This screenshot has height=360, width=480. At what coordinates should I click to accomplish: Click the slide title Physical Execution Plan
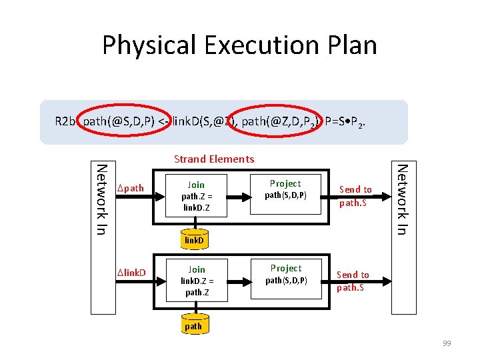pyautogui.click(x=239, y=45)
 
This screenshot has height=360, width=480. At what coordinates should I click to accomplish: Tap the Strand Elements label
pyautogui.click(x=213, y=159)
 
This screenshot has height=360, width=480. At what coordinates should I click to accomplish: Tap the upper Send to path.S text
pyautogui.click(x=355, y=196)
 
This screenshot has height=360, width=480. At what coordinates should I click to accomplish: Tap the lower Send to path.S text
pyautogui.click(x=353, y=281)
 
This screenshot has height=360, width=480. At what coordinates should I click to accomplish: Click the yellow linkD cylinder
pyautogui.click(x=194, y=239)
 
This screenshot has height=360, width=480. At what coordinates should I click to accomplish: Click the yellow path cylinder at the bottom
pyautogui.click(x=193, y=326)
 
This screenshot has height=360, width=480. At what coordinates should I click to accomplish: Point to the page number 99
pyautogui.click(x=446, y=343)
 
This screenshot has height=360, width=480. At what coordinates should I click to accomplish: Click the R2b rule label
pyautogui.click(x=65, y=121)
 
